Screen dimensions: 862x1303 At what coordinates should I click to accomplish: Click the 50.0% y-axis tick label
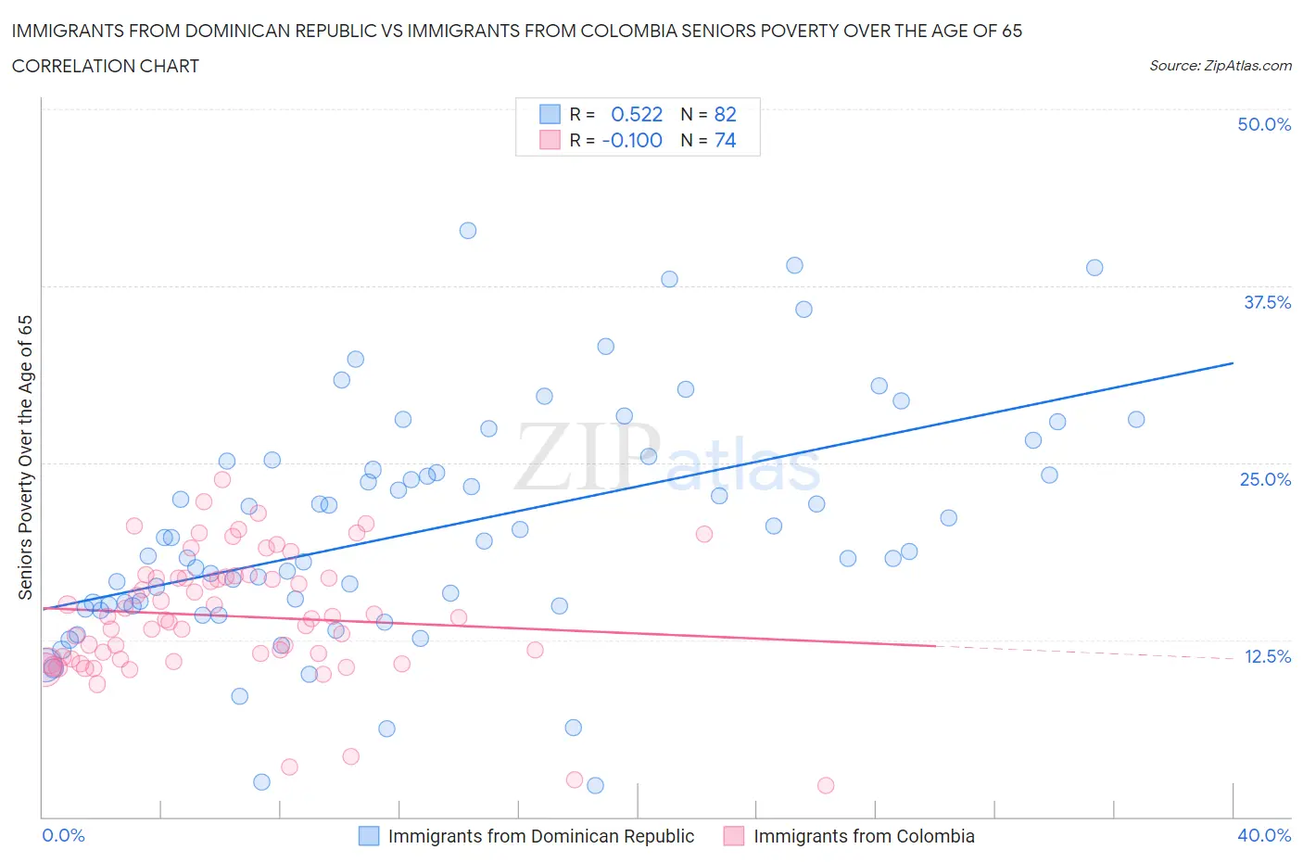pyautogui.click(x=1263, y=124)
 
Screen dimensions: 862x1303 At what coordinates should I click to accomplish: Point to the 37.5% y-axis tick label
pyautogui.click(x=1266, y=302)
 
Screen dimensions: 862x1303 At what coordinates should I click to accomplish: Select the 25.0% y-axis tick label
pyautogui.click(x=1265, y=479)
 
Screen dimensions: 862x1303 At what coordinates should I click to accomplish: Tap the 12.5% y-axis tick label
pyautogui.click(x=1267, y=656)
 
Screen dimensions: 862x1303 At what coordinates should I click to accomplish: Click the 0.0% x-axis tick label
pyautogui.click(x=63, y=835)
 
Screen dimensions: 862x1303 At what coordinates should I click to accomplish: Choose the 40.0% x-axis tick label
pyautogui.click(x=1264, y=835)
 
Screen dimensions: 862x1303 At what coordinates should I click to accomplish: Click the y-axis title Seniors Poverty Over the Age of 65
pyautogui.click(x=26, y=457)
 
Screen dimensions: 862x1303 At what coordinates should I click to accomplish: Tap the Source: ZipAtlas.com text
pyautogui.click(x=1220, y=65)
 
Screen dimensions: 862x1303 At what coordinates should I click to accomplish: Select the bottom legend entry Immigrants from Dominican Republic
pyautogui.click(x=540, y=836)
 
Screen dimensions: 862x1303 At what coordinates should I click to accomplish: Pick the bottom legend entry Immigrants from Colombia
pyautogui.click(x=863, y=836)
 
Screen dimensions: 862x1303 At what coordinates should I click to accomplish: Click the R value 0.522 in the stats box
pyautogui.click(x=637, y=114)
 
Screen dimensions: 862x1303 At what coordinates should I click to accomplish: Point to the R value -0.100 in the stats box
pyautogui.click(x=632, y=140)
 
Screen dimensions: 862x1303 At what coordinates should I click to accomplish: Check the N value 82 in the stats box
pyautogui.click(x=725, y=114)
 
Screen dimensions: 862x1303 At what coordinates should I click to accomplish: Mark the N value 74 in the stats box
pyautogui.click(x=725, y=140)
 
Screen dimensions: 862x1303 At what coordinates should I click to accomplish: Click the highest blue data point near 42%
pyautogui.click(x=468, y=231)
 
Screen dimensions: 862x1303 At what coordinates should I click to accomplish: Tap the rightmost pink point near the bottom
pyautogui.click(x=826, y=785)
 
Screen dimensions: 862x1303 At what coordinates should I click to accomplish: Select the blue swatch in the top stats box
pyautogui.click(x=550, y=114)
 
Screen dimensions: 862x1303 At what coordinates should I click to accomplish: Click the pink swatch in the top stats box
pyautogui.click(x=550, y=140)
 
